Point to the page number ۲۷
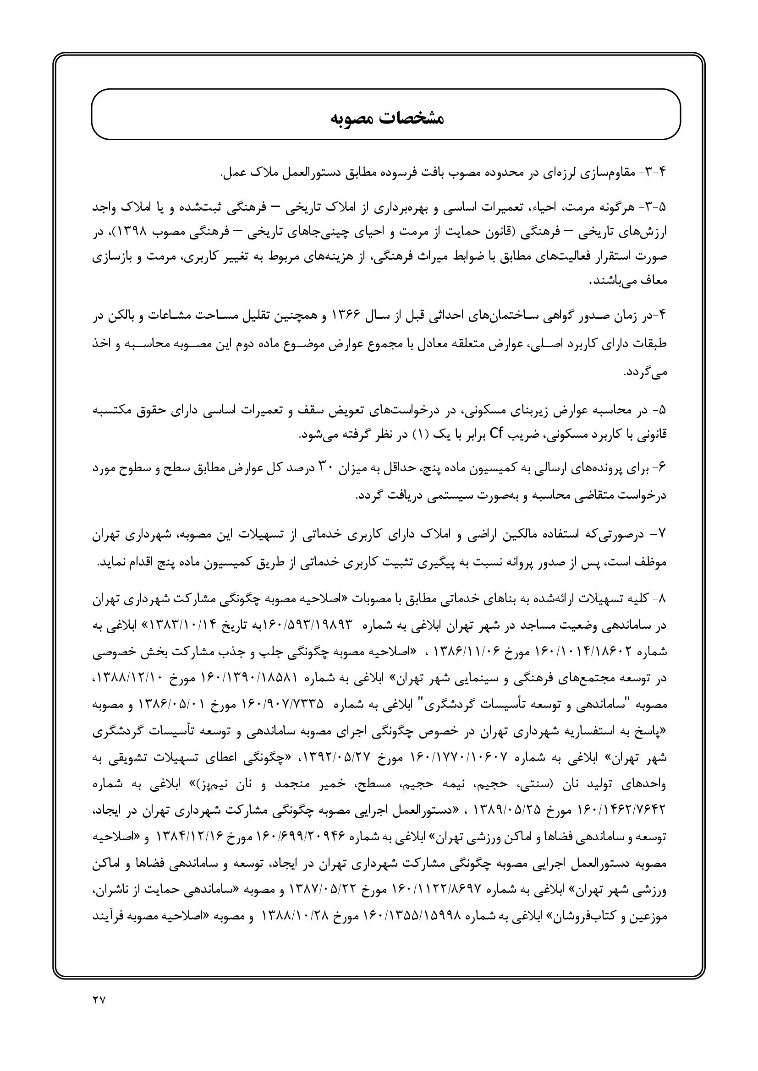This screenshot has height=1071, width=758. click(x=99, y=998)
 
